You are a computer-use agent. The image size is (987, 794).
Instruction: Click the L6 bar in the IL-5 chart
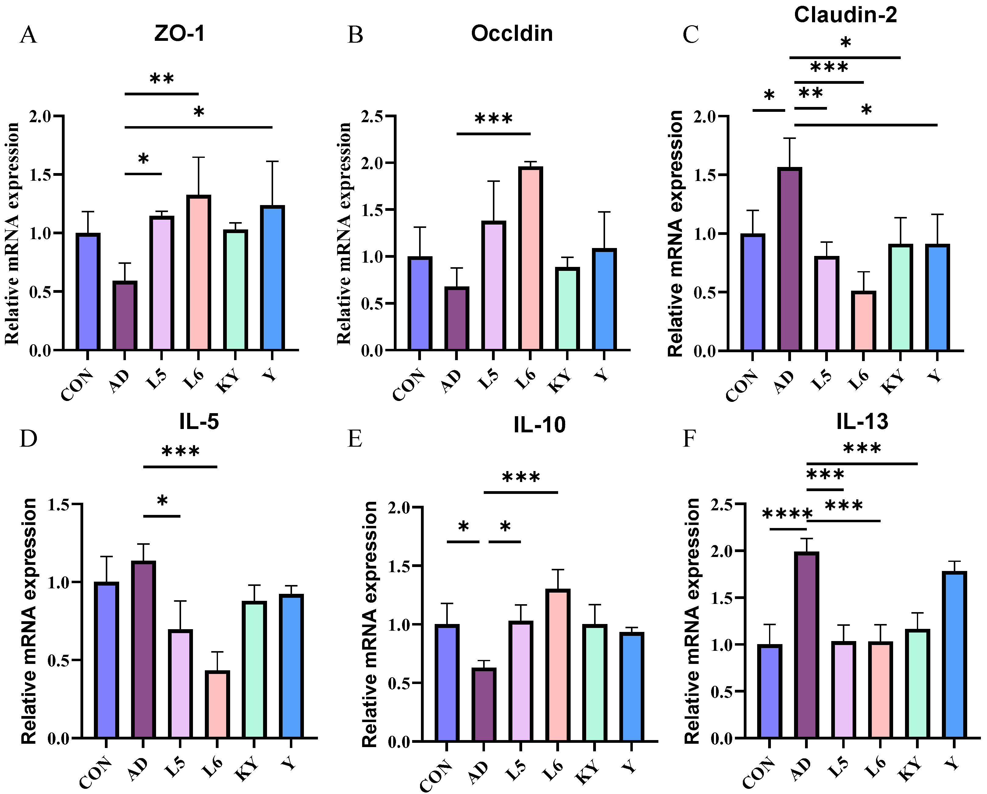coord(217,705)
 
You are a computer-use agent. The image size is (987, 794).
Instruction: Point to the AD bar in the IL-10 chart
coord(483,705)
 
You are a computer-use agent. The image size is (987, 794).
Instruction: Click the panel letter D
coord(28,438)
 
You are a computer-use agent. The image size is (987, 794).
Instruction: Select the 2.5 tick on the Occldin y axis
coord(372,117)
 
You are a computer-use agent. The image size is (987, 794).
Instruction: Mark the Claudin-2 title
coord(845,15)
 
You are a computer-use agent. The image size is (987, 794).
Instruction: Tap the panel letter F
coord(689,438)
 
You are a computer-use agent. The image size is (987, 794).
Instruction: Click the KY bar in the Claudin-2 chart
coord(900,297)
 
